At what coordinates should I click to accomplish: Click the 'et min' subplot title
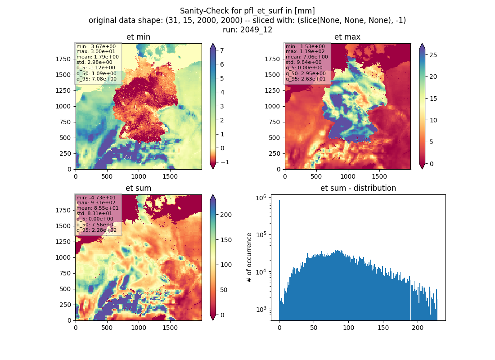pos(138,37)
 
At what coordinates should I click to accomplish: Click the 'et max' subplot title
pos(347,37)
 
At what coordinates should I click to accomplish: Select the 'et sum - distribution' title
pos(358,188)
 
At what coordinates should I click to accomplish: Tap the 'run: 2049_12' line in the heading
pos(247,30)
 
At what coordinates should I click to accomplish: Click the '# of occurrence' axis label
pos(249,258)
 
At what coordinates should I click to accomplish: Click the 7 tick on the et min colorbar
pos(222,50)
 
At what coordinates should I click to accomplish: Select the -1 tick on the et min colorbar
pos(225,162)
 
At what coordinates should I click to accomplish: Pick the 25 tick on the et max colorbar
pos(433,55)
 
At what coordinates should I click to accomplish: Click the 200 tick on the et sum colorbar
pos(226,215)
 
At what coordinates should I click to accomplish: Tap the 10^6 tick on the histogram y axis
pos(261,198)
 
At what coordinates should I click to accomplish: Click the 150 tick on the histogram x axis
pos(383,328)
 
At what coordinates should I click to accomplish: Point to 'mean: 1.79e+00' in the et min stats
pos(98,57)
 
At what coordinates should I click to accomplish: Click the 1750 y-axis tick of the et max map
pos(272,59)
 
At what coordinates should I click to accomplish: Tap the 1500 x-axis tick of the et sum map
pos(170,328)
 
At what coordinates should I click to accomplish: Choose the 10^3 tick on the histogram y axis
pos(261,309)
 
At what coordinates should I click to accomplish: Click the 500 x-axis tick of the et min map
pos(107,176)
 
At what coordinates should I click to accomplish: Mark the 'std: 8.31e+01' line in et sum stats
pos(94,213)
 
